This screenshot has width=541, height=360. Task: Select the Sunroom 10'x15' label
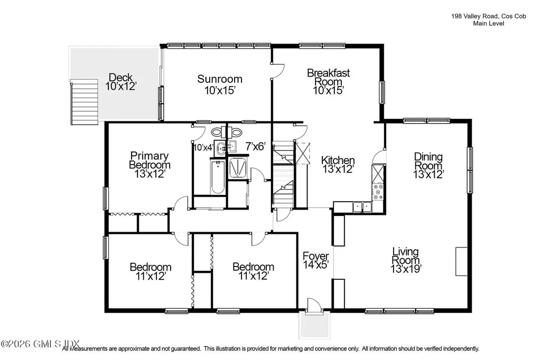click(x=220, y=84)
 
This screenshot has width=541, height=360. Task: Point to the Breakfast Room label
click(x=329, y=81)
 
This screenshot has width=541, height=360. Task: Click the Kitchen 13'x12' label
click(x=338, y=165)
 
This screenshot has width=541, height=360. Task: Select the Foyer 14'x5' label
click(x=316, y=261)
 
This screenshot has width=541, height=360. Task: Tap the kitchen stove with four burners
click(x=378, y=191)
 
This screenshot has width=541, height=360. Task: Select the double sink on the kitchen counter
click(x=362, y=207)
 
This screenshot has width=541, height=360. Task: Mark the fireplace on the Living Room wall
click(x=461, y=260)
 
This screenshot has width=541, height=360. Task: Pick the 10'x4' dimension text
click(x=202, y=147)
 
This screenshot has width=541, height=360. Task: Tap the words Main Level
click(x=484, y=24)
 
